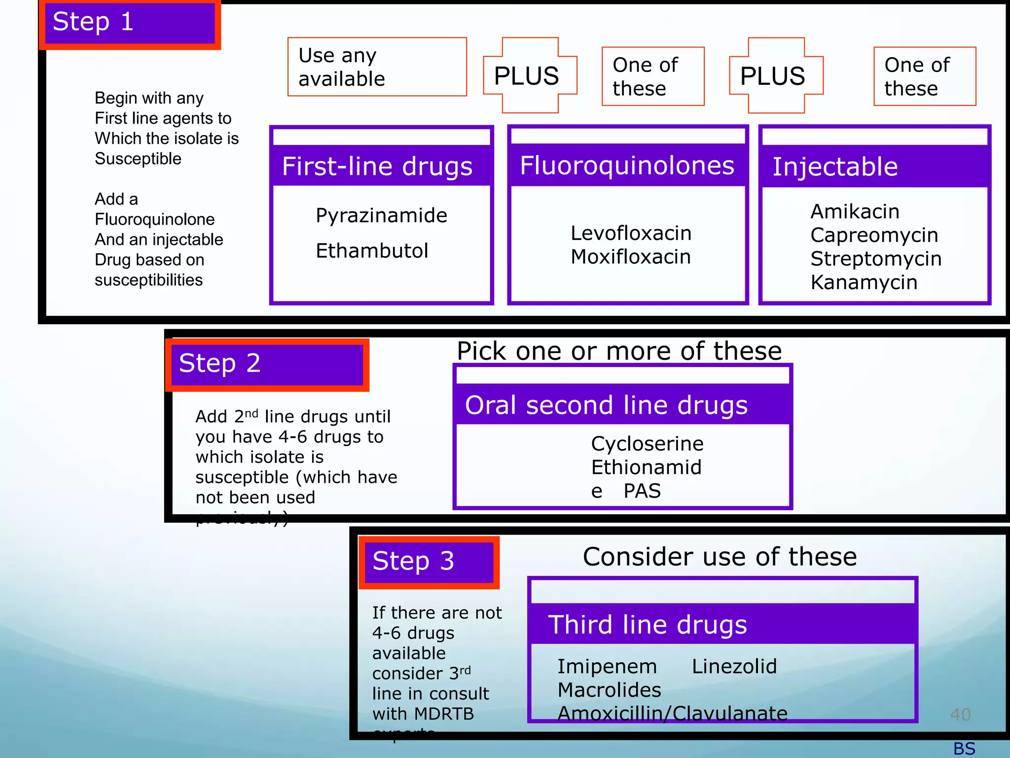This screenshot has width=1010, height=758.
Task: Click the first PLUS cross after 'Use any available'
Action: click(x=530, y=76)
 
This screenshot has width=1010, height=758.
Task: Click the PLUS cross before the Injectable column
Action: click(x=776, y=76)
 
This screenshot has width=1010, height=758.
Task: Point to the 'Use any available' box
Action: click(x=377, y=67)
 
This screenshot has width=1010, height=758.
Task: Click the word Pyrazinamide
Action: click(x=381, y=216)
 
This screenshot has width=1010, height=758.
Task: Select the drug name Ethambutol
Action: click(x=372, y=251)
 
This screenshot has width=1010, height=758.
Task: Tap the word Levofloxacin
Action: click(x=631, y=233)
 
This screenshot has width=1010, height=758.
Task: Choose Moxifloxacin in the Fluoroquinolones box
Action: click(x=631, y=257)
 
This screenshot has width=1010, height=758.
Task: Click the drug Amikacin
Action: click(x=855, y=212)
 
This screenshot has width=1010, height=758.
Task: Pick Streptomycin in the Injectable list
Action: click(x=876, y=259)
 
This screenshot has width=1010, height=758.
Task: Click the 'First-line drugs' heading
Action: click(x=377, y=166)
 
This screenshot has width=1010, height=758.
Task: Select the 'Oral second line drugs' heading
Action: click(x=606, y=405)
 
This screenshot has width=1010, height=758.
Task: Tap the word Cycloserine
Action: click(x=647, y=444)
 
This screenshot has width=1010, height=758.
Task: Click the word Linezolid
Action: click(x=734, y=667)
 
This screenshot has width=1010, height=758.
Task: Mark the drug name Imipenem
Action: click(x=607, y=667)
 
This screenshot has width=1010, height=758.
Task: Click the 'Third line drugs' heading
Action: click(x=648, y=625)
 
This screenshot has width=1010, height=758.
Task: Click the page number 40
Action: click(x=960, y=715)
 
